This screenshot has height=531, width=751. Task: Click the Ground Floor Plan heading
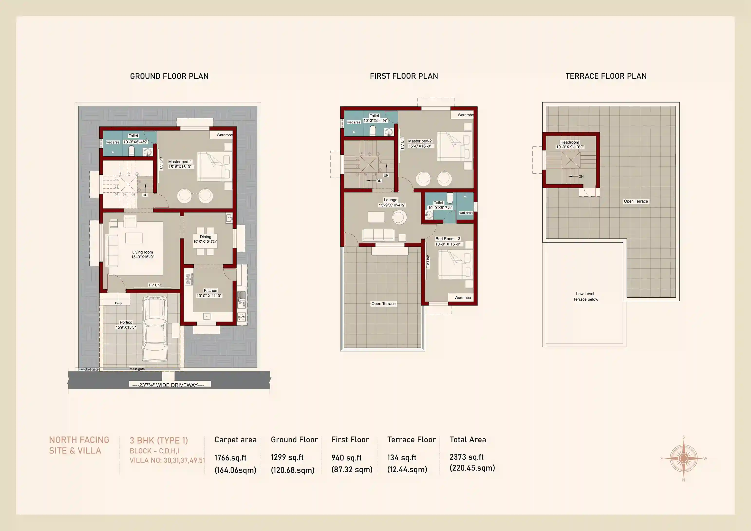[x=169, y=76]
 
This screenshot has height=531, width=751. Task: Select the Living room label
[x=143, y=255]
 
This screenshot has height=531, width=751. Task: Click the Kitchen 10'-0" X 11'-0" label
[x=209, y=293]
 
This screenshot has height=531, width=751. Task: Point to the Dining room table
[x=206, y=241]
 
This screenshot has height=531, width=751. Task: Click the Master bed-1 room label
[x=180, y=164]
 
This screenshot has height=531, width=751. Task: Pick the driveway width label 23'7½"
[x=169, y=385]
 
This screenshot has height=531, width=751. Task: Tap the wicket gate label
[x=90, y=369]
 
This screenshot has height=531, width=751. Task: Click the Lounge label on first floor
[x=391, y=202]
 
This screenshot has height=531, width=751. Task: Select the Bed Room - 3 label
[x=448, y=241]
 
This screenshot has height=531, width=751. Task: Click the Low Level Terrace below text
[x=585, y=296]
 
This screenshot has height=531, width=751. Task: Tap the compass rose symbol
[x=683, y=459]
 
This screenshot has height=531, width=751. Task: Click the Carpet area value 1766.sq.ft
[x=230, y=458]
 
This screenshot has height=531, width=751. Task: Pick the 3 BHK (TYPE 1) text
[x=159, y=440]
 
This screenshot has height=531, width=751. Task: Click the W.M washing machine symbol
[x=241, y=317]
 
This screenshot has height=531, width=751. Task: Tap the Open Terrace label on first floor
[x=383, y=303]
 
